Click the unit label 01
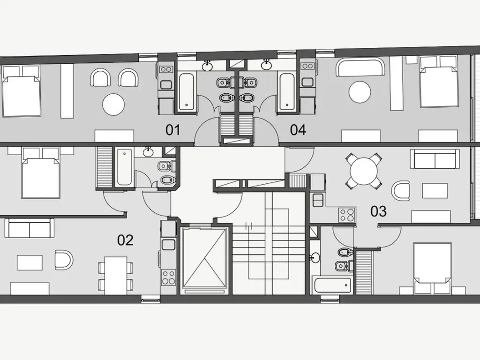pyautogui.click(x=172, y=130)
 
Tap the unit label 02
pyautogui.click(x=125, y=240)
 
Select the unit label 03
pyautogui.click(x=378, y=211)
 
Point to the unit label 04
pyautogui.click(x=298, y=130)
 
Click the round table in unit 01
pyautogui.click(x=113, y=105)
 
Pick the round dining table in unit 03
pyautogui.click(x=364, y=171)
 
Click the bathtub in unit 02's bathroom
pyautogui.click(x=124, y=167)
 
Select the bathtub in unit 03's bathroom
pyautogui.click(x=332, y=285)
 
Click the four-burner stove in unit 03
pyautogui.click(x=347, y=214)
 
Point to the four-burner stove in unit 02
pyautogui.click(x=168, y=277)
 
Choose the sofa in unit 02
pyautogui.click(x=30, y=228)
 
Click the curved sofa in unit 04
pyautogui.click(x=360, y=67)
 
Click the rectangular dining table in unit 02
pyautogui.click(x=116, y=274)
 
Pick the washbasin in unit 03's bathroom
pyautogui.click(x=315, y=258)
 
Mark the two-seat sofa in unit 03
pyautogui.click(x=435, y=159)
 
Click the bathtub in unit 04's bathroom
pyautogui.click(x=287, y=91)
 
